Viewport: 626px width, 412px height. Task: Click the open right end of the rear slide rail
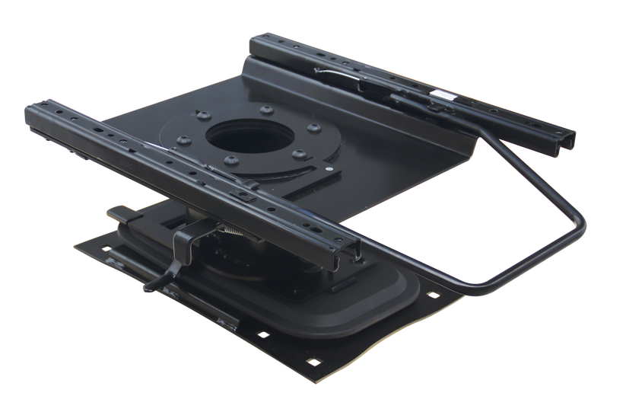click(567, 142)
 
